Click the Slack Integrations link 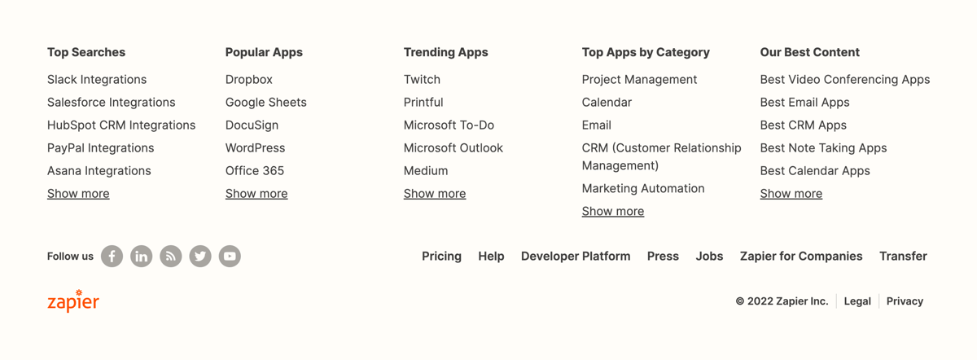97,80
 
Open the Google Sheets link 266,103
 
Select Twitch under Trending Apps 422,80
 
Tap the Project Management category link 639,80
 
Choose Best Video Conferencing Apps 844,80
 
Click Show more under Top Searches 78,194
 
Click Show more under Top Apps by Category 613,212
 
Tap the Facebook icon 112,257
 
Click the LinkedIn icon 142,257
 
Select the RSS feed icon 171,257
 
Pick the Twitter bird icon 200,257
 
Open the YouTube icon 230,257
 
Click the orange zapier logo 73,301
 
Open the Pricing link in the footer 441,257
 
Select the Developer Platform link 576,257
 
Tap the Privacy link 905,301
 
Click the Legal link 857,301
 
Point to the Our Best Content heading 809,52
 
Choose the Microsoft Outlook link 453,148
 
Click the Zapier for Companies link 801,257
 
